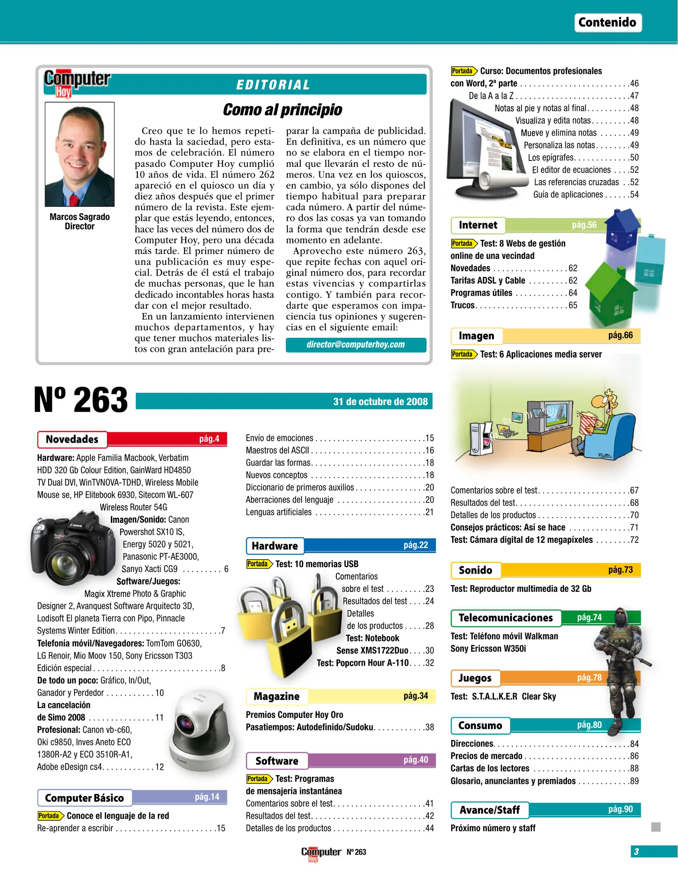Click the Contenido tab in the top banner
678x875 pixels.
[607, 22]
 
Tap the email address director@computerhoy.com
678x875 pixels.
[355, 344]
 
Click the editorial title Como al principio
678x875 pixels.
[282, 110]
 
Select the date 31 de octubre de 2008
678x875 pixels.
[380, 401]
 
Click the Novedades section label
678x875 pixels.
[72, 439]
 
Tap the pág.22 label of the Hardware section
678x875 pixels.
[415, 545]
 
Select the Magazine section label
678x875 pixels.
[276, 696]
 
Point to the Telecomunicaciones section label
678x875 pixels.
[505, 618]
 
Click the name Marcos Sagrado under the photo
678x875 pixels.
[79, 217]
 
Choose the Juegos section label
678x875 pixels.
[475, 678]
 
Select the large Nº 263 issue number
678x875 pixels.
[81, 400]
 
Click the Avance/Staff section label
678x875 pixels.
[490, 810]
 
